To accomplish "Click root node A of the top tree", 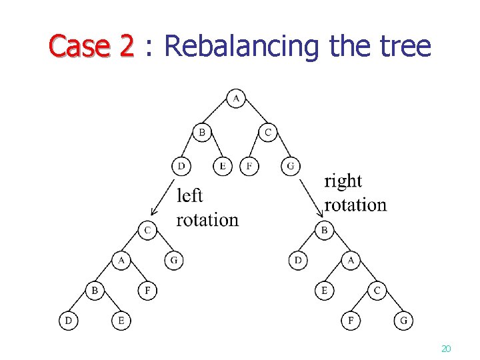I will click(x=235, y=99).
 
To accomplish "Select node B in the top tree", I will click(x=202, y=133).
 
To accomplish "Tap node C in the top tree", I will click(x=268, y=133).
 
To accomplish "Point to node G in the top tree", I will click(x=290, y=166).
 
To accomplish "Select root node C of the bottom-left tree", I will click(x=148, y=231).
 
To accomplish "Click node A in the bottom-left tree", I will click(x=121, y=261).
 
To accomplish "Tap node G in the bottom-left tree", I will click(x=173, y=261).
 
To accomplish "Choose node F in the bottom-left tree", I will click(x=147, y=291).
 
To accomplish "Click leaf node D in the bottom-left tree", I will click(x=68, y=321).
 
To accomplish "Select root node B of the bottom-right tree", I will click(x=325, y=231).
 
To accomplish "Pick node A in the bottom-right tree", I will click(x=351, y=261).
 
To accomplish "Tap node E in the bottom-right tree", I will click(x=324, y=291).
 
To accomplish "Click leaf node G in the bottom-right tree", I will click(x=403, y=321).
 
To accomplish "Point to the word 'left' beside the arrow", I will click(x=189, y=195).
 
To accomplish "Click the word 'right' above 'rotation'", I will click(x=343, y=181).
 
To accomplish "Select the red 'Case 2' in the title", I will click(x=91, y=47).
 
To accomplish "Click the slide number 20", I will click(x=446, y=349).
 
